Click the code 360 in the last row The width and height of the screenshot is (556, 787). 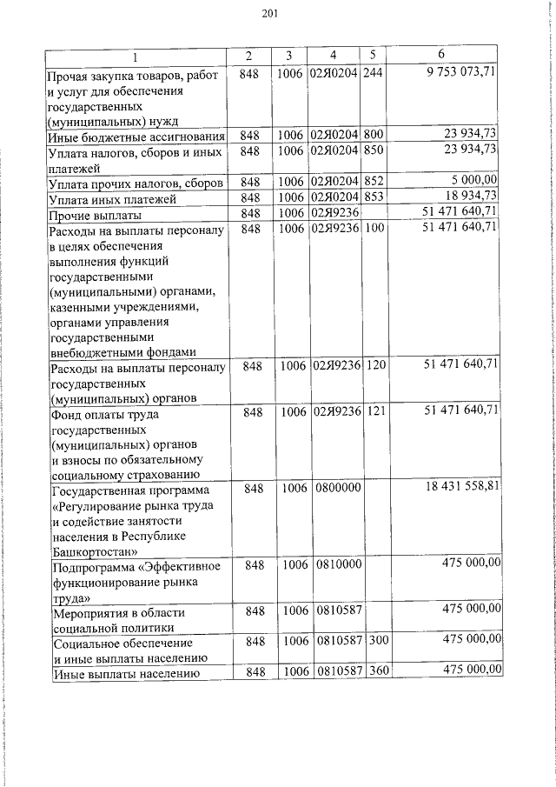375,672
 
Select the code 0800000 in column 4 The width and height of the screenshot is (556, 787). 334,490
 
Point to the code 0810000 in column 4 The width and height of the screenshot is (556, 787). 334,566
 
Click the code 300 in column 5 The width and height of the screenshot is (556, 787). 375,641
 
